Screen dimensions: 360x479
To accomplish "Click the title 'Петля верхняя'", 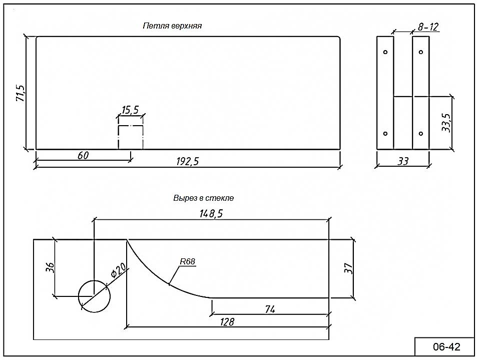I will (172, 26).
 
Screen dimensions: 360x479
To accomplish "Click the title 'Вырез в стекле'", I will (203, 198).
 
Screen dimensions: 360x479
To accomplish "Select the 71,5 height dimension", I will (20, 93).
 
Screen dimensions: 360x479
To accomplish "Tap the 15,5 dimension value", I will (131, 110).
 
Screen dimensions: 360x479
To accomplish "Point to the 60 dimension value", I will (83, 155).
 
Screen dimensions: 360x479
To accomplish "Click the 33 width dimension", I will (403, 161).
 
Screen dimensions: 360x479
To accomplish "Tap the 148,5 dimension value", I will (211, 213).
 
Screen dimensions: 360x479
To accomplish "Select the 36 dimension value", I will (49, 267).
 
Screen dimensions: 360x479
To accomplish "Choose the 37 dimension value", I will (348, 268).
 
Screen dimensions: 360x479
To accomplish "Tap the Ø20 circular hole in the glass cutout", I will (94, 296).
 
